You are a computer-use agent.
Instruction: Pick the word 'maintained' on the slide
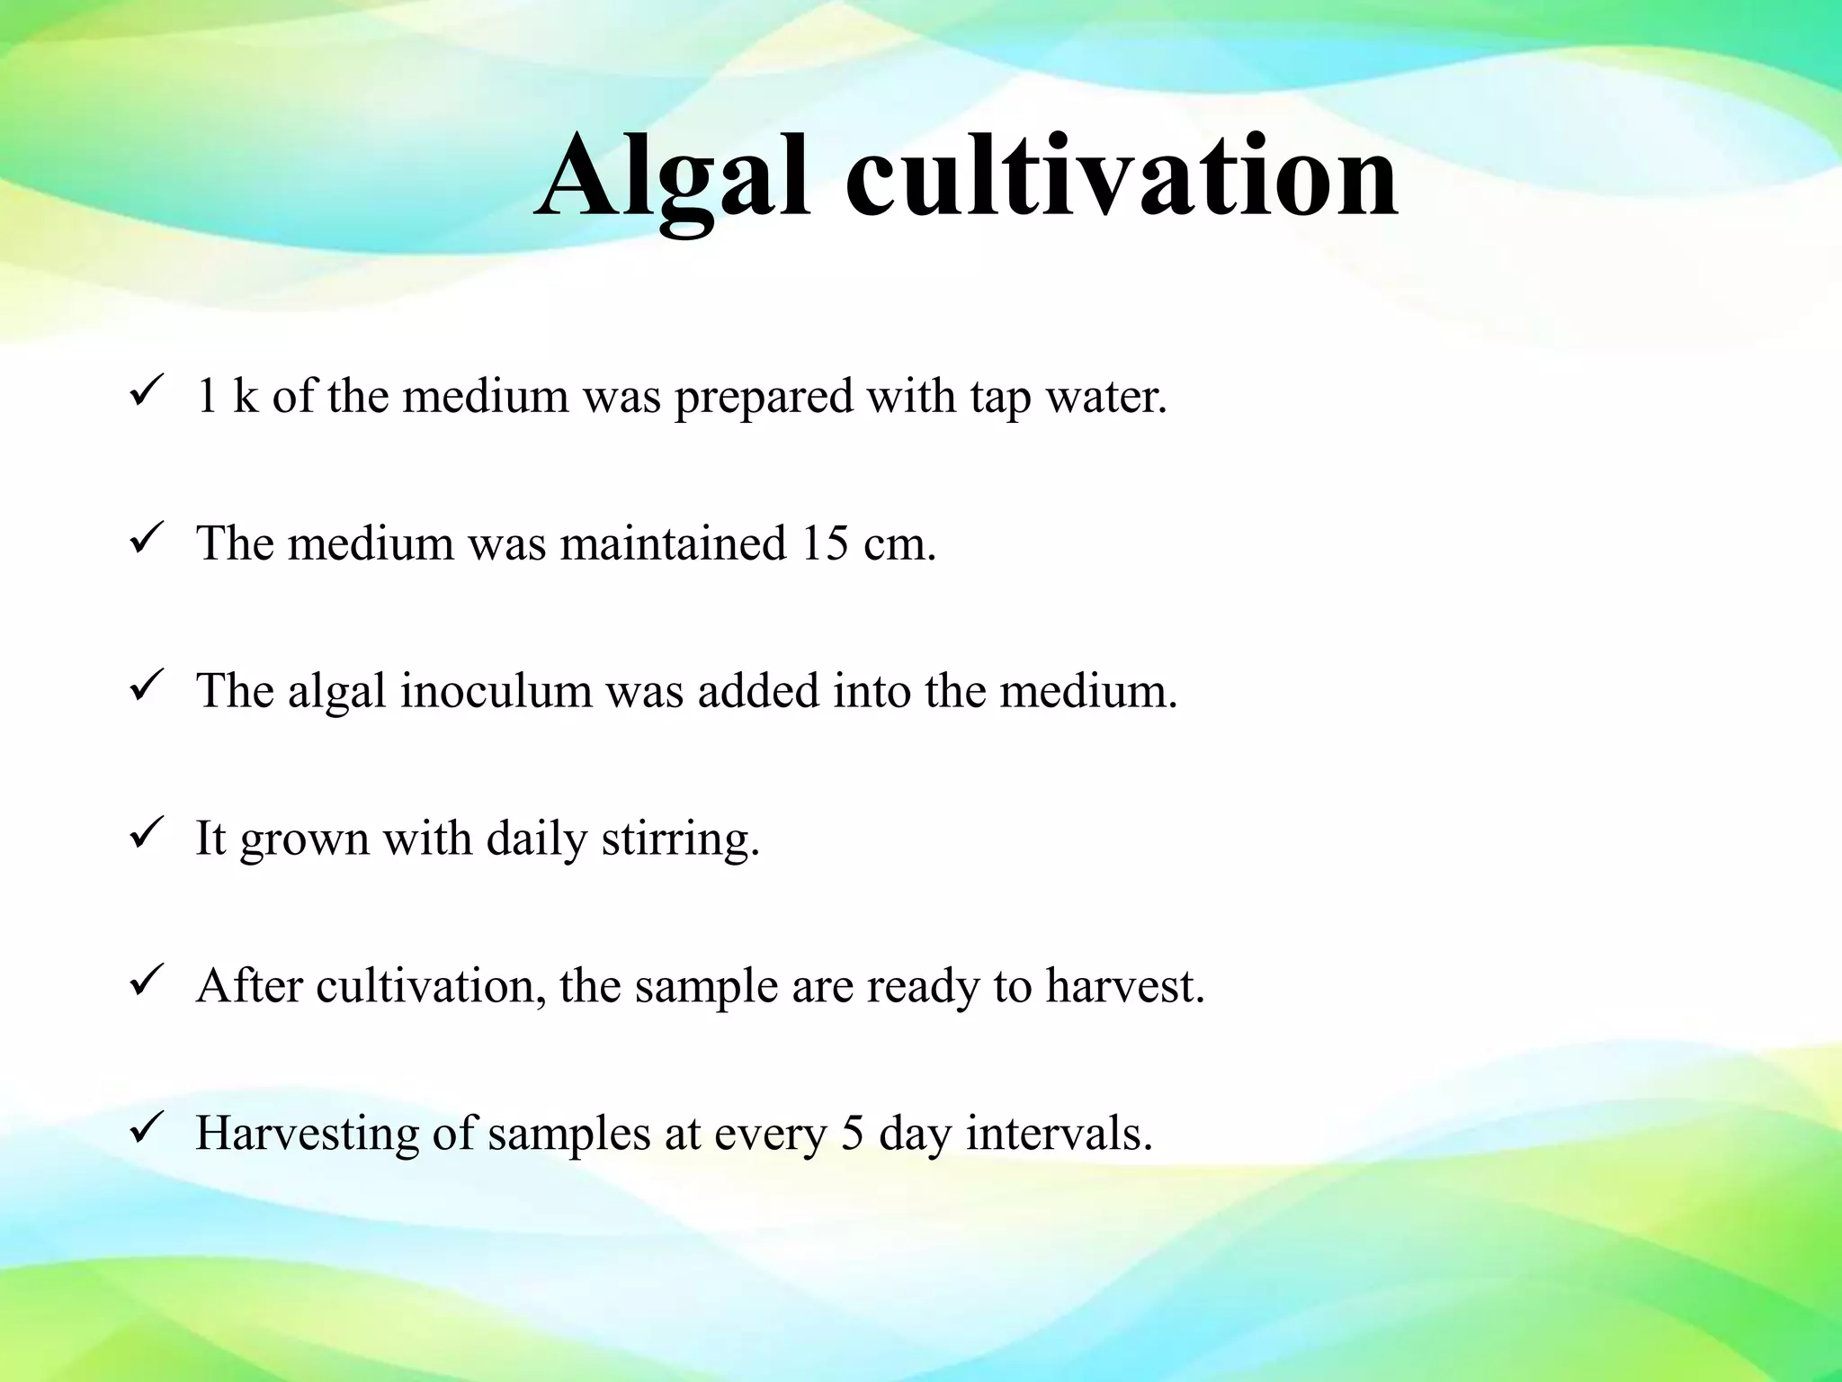673,543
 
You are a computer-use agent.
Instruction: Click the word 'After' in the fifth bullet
249,985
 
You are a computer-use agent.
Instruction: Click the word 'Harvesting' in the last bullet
307,1134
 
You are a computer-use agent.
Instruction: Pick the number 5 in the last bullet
852,1133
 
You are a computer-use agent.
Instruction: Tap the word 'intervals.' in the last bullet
1059,1133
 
